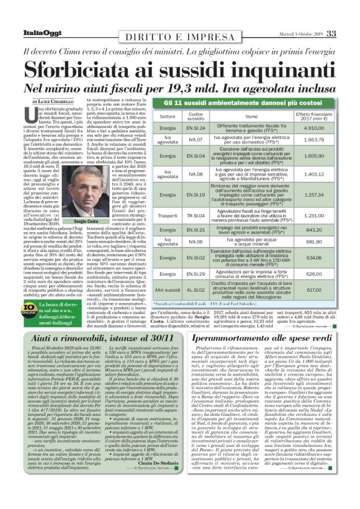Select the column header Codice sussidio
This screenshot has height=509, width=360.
[195, 115]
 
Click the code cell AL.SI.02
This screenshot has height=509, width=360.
[196, 289]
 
